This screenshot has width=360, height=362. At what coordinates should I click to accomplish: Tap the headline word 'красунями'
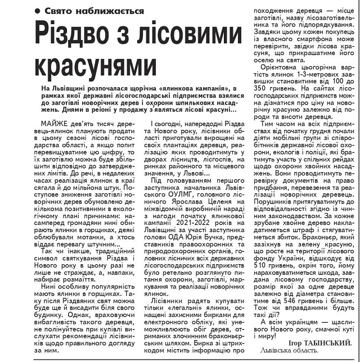pos(96,65)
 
